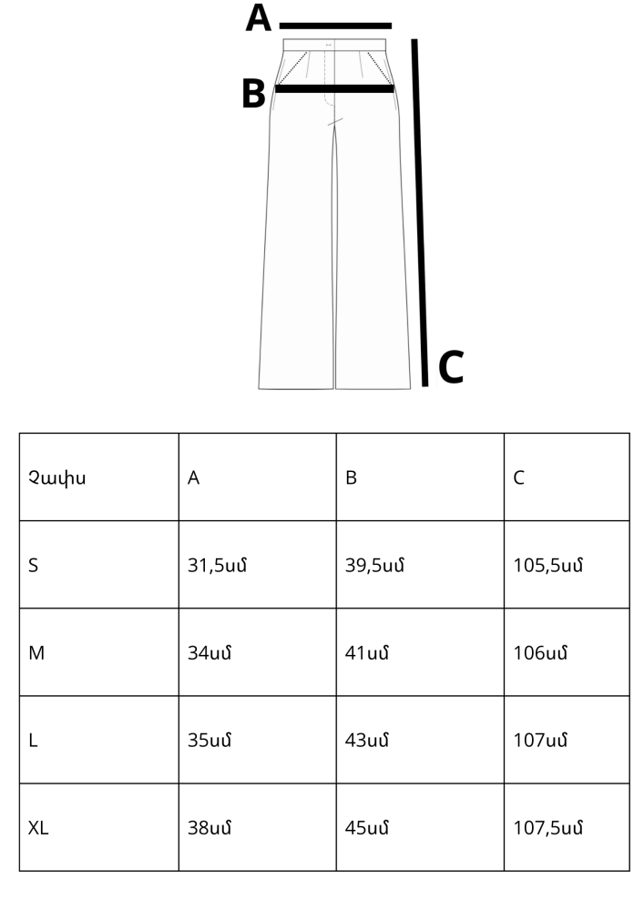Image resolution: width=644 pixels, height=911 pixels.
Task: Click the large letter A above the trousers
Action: [x=259, y=17]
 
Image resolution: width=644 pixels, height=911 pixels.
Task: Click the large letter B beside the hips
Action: [x=253, y=94]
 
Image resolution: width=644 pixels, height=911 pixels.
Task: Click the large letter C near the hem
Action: [x=451, y=366]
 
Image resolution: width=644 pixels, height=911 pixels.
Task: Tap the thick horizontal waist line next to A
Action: [x=335, y=26]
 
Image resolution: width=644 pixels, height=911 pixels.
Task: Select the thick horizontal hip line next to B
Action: [x=334, y=89]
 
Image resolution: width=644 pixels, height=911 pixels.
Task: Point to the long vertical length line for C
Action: [x=420, y=212]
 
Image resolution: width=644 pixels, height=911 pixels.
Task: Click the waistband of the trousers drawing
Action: [x=334, y=45]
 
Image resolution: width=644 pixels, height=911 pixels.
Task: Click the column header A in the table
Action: [x=193, y=478]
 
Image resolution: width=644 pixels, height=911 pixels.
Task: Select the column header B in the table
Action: [x=351, y=478]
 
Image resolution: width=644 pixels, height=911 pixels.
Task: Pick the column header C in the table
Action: [x=518, y=478]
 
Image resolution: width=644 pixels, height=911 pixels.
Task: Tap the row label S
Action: [x=33, y=566]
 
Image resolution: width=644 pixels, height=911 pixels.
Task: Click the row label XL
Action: [x=38, y=828]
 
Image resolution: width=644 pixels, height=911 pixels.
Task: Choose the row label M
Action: [x=36, y=653]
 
